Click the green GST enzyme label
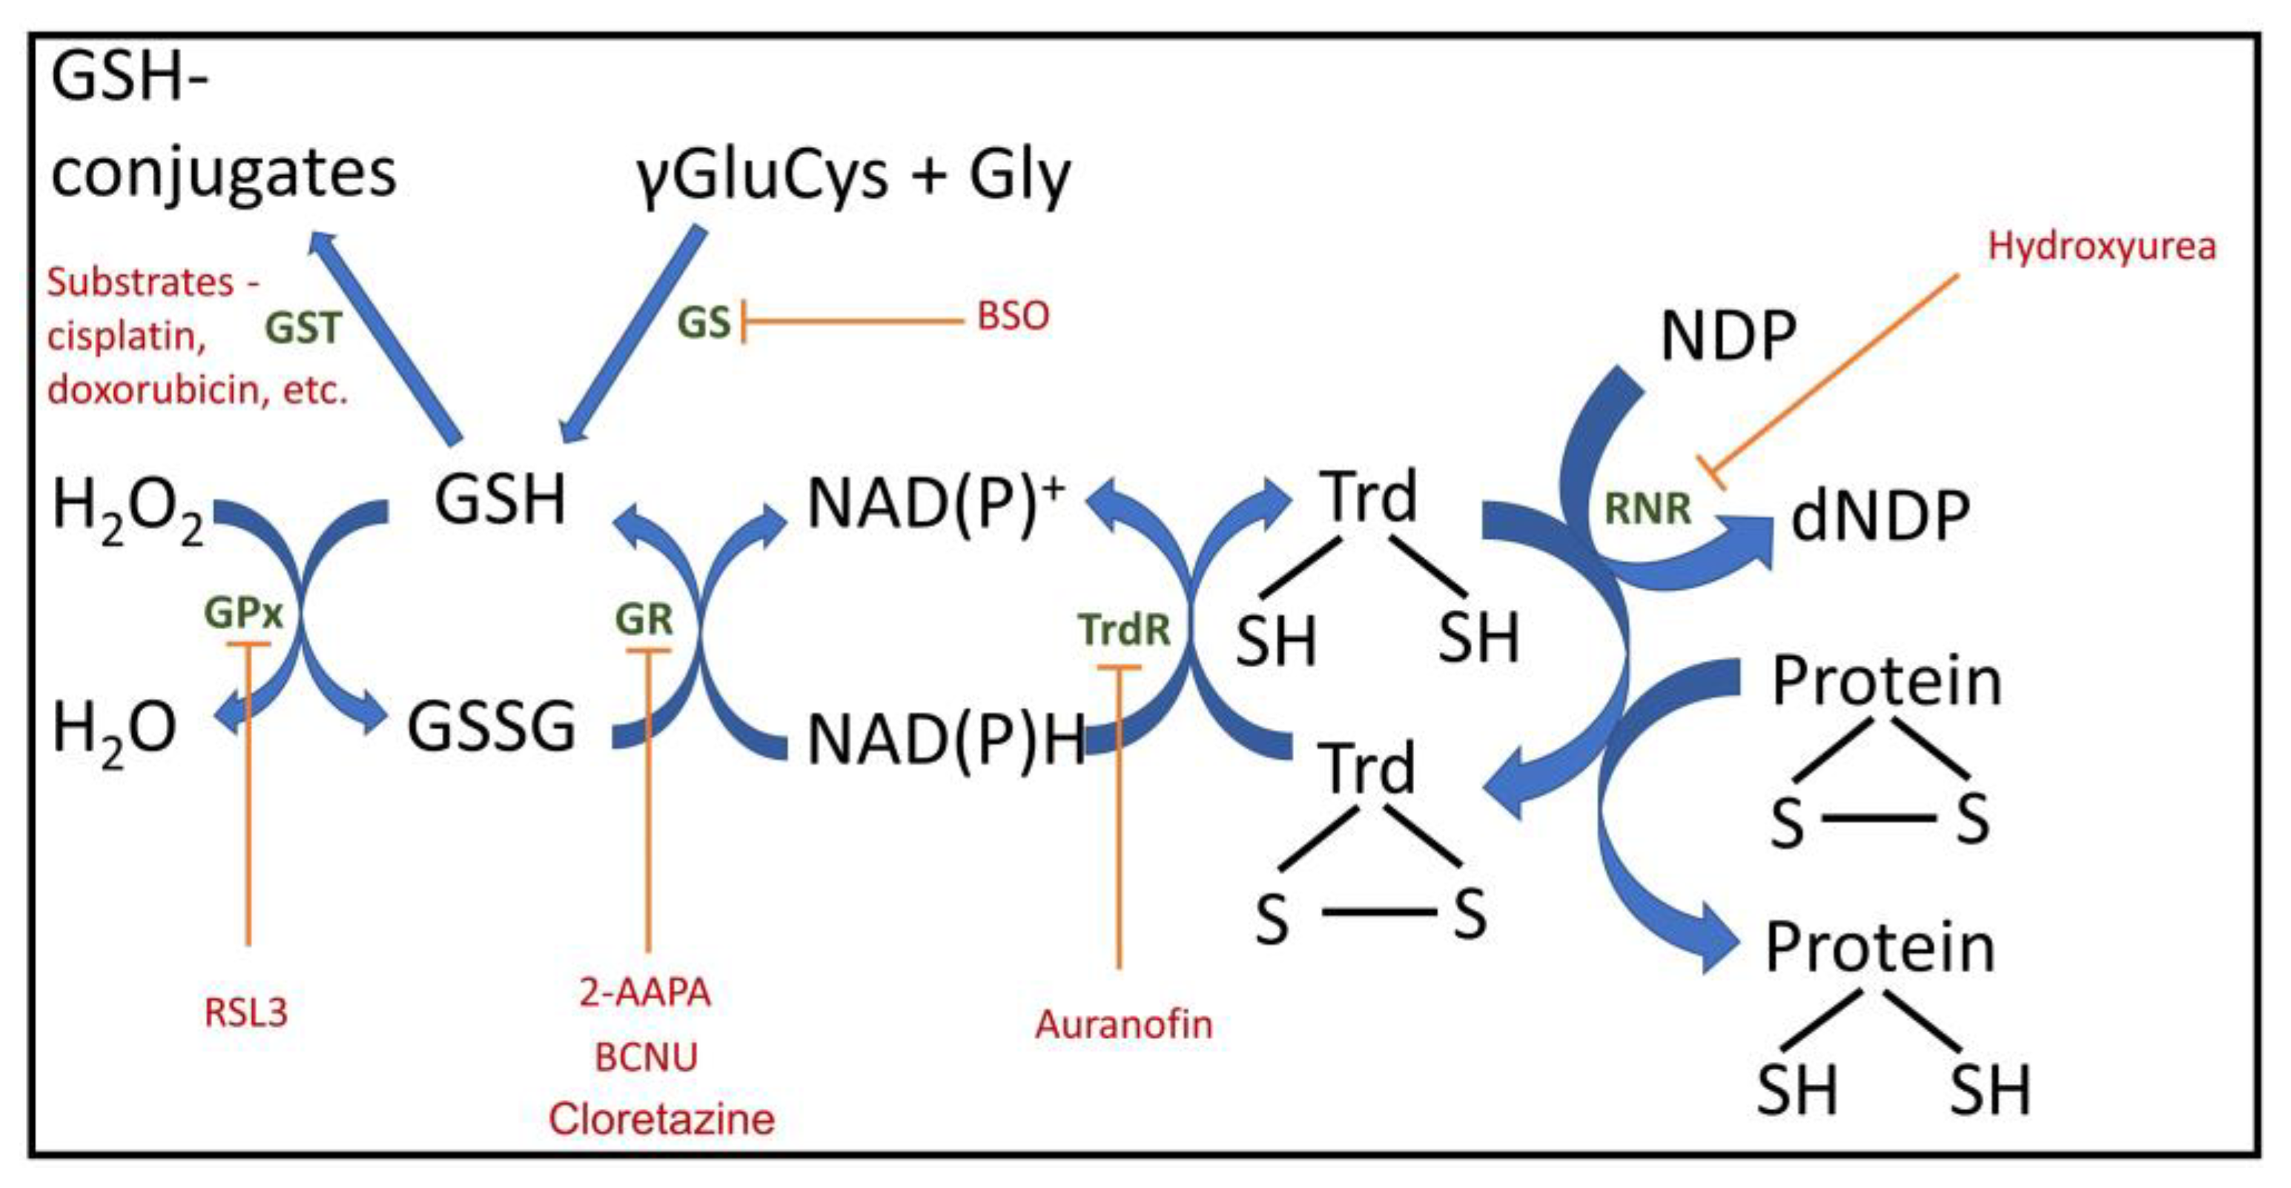click(x=303, y=328)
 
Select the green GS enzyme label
click(x=704, y=323)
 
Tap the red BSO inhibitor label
click(x=1013, y=316)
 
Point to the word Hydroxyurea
click(x=2101, y=246)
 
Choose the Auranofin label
click(x=1123, y=1024)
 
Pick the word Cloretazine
click(x=661, y=1118)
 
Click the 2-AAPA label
click(x=646, y=992)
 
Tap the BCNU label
click(x=647, y=1058)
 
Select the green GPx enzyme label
click(x=242, y=613)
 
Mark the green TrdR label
click(x=1124, y=629)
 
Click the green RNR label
click(x=1647, y=508)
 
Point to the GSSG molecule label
click(x=491, y=727)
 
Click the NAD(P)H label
click(x=946, y=740)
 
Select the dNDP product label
click(x=1880, y=516)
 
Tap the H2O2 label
click(x=128, y=511)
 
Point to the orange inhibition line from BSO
click(x=854, y=320)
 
